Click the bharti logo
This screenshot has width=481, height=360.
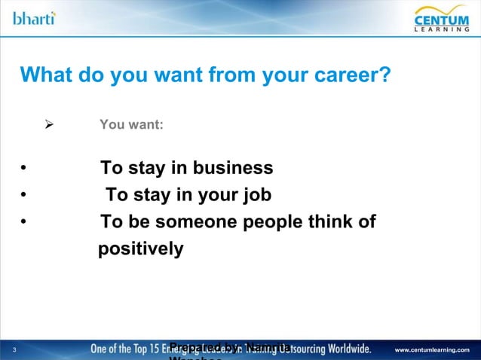(x=34, y=17)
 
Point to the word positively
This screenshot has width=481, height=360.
(x=141, y=249)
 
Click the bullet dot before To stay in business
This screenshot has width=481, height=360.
(x=24, y=168)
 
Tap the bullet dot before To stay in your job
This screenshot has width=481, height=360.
(x=24, y=196)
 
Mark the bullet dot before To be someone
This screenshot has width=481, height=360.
(x=24, y=223)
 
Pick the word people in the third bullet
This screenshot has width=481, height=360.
(x=284, y=222)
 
